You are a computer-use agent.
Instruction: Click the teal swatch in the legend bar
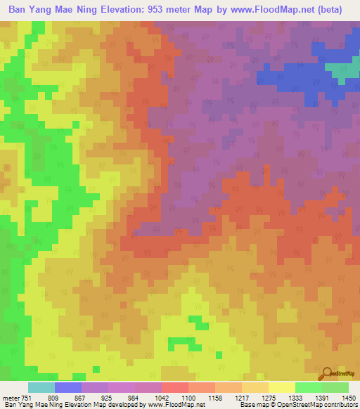[41, 387]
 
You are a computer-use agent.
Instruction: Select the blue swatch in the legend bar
[68, 387]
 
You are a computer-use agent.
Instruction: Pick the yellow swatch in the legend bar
[281, 387]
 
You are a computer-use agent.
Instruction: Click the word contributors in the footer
[340, 405]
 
